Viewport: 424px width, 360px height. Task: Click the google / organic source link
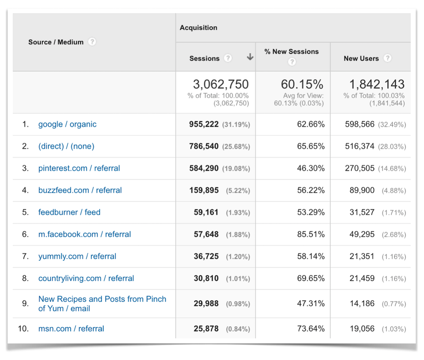coord(67,124)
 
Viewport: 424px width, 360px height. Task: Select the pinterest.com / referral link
coord(79,168)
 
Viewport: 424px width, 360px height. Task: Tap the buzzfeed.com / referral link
coord(80,190)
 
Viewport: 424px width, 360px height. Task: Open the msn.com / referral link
coord(71,329)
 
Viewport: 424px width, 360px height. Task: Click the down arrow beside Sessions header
coord(250,57)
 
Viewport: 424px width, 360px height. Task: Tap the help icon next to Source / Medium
coord(92,42)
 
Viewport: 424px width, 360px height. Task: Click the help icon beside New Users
coord(388,58)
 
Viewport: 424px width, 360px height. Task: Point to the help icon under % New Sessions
coord(291,62)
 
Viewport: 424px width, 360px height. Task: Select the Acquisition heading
coord(199,28)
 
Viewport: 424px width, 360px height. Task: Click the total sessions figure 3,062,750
coord(220,84)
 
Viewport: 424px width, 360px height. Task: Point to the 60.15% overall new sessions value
coord(302,84)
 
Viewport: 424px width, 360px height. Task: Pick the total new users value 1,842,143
coord(377,84)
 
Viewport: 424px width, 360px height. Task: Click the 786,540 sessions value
coord(204,146)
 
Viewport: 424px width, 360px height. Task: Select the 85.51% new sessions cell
coord(311,234)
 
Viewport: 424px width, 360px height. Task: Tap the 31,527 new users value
coord(362,212)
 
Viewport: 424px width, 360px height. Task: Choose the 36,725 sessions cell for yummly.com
coord(206,256)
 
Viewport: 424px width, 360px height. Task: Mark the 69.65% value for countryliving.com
coord(311,278)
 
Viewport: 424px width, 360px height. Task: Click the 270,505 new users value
coord(360,168)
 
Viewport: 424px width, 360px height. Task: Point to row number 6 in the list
coord(25,234)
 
